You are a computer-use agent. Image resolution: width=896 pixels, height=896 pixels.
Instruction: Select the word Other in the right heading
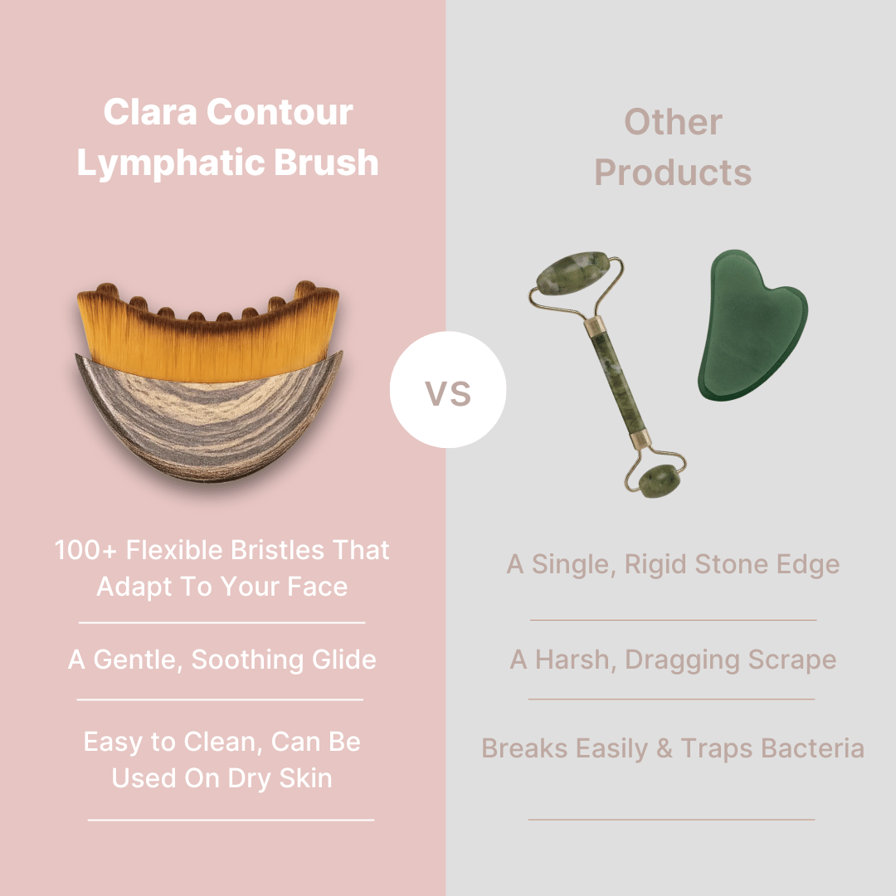coord(673,122)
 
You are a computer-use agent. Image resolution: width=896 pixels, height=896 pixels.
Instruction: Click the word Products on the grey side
coord(673,173)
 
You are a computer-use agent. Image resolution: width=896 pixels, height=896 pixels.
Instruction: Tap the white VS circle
coord(448,390)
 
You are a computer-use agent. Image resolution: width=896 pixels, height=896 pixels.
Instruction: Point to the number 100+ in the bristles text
coord(85,550)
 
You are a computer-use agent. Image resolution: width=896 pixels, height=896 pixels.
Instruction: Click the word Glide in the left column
coord(344,660)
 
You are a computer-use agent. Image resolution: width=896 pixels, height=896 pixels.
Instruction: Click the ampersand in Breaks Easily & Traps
coord(664,748)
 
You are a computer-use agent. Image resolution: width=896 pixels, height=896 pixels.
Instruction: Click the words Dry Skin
coord(280,778)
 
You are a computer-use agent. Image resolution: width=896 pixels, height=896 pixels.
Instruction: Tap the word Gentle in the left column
coord(138,660)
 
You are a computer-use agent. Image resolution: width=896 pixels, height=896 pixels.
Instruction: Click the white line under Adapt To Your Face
coord(222,622)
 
